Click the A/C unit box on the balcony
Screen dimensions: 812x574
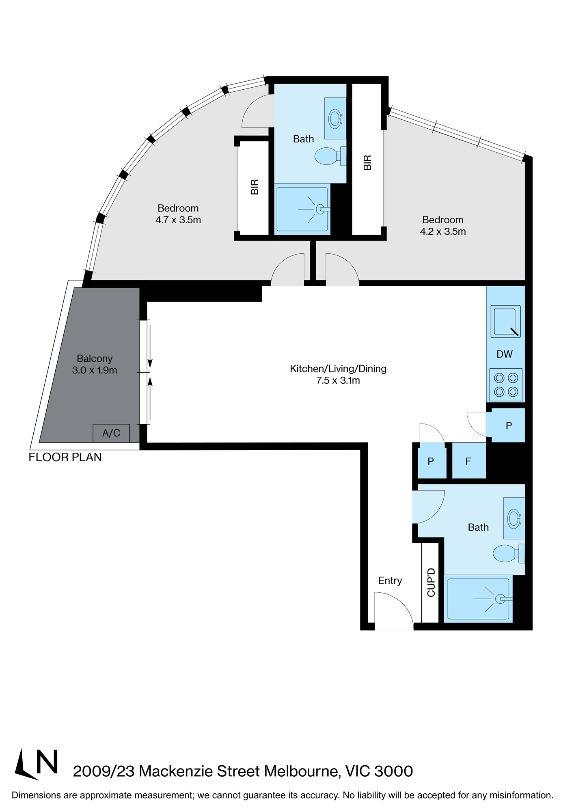click(x=111, y=433)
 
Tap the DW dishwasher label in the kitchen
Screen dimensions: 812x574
click(x=505, y=354)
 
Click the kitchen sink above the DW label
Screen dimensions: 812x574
click(x=505, y=322)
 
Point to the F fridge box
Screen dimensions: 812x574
click(x=468, y=461)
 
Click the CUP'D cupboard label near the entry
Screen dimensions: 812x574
click(x=431, y=582)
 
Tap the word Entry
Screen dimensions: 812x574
click(x=390, y=581)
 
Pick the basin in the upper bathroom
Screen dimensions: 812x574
click(x=335, y=119)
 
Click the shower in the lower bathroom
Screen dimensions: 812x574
click(x=478, y=598)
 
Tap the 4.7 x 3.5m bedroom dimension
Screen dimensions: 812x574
click(x=178, y=220)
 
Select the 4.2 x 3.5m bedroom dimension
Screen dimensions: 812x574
click(x=442, y=231)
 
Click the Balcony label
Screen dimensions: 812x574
click(x=95, y=358)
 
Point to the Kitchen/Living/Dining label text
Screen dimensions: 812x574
click(x=338, y=369)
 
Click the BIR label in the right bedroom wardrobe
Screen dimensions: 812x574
click(x=368, y=162)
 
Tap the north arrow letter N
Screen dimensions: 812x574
click(x=47, y=762)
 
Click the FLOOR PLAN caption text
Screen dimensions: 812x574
click(x=65, y=457)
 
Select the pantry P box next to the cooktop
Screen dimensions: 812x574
click(x=508, y=425)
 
